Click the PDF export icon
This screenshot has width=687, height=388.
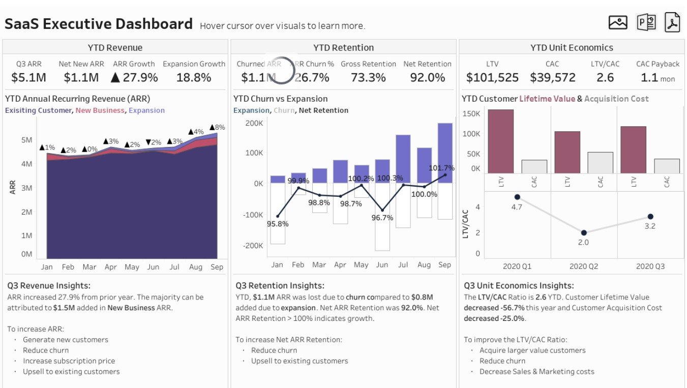[x=672, y=22]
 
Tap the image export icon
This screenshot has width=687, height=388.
[x=618, y=22]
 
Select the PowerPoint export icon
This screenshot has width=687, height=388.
[x=646, y=22]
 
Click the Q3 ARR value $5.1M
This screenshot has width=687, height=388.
[x=28, y=77]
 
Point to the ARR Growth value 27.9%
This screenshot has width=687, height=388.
[x=134, y=77]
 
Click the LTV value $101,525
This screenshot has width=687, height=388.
[x=492, y=77]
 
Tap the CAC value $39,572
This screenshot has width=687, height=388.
[x=552, y=77]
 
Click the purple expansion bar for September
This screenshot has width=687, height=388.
[x=445, y=153]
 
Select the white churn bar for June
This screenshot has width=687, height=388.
[x=382, y=217]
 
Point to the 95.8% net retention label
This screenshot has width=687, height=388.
[x=277, y=224]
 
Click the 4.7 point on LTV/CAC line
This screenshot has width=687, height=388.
[x=517, y=197]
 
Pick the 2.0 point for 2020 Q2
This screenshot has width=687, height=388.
[x=584, y=233]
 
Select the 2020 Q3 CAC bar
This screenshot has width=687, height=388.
[x=667, y=166]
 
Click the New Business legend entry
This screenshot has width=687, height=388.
[x=100, y=110]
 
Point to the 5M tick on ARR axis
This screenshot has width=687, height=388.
[x=26, y=140]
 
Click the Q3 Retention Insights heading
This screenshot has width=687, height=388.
[x=280, y=286]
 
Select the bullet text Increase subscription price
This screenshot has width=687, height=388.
[x=69, y=361]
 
